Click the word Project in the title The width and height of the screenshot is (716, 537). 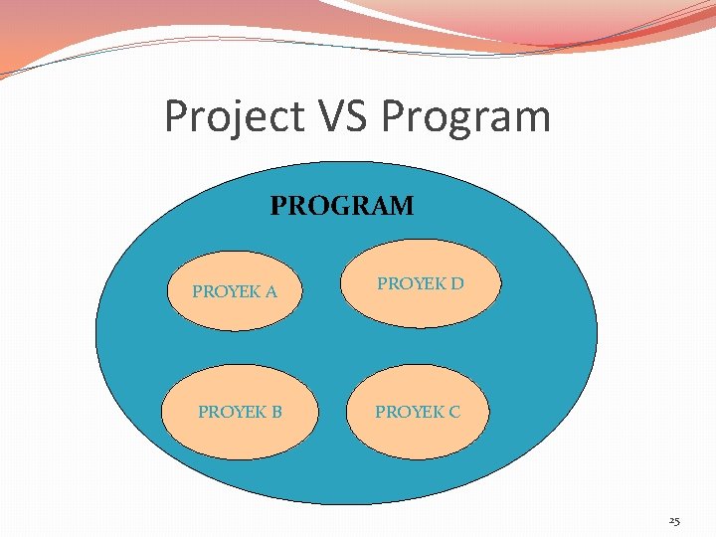coord(234,116)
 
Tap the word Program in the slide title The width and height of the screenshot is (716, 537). coord(465,116)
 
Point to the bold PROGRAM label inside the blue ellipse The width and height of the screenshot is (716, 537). coord(342,206)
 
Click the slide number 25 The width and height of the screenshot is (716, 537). coord(673,520)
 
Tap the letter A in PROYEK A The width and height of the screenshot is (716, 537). coord(270,292)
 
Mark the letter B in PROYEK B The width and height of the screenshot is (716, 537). coord(276,412)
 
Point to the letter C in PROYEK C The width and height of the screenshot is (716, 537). coord(453,412)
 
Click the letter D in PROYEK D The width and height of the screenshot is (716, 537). coord(456,283)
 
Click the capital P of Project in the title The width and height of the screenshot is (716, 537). coord(176,116)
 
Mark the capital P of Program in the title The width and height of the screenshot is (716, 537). coord(395,116)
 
